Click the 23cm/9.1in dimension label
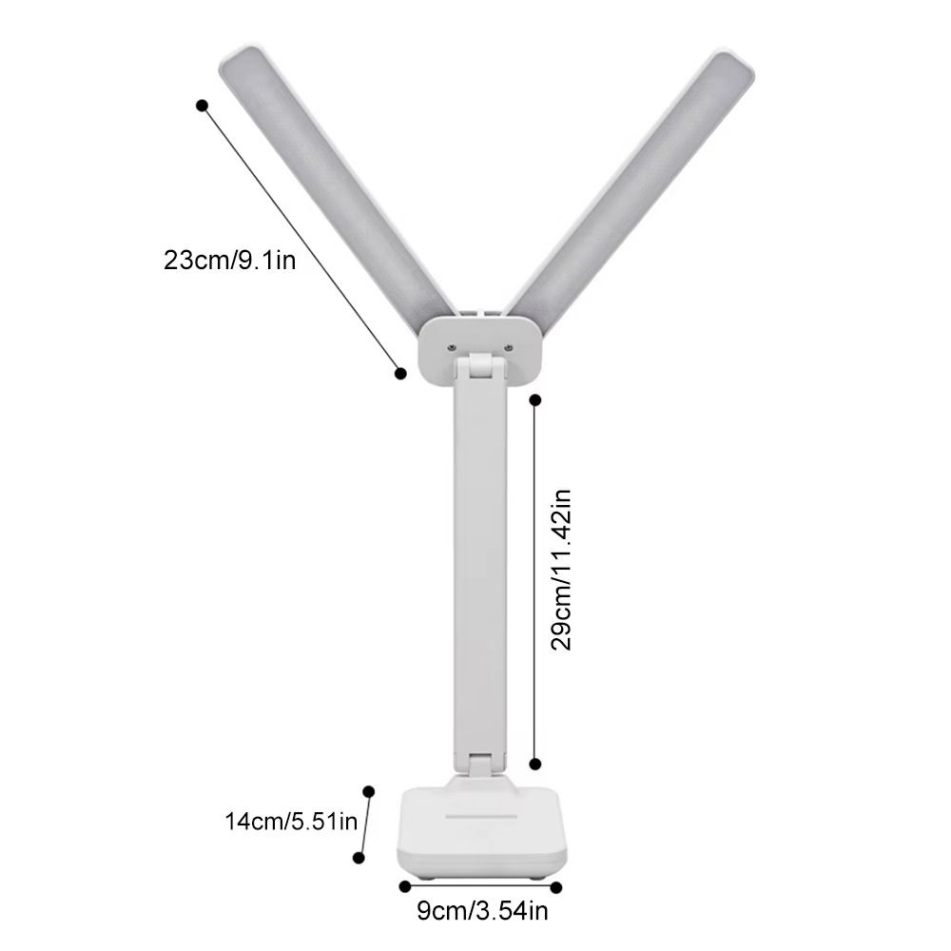229,260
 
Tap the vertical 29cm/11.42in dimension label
562,570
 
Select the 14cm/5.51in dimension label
290,821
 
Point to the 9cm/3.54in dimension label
482,913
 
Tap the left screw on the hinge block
450,348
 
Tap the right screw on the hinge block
511,348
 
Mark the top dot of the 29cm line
535,400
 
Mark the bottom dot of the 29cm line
535,763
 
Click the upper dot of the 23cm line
202,106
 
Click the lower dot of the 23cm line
400,374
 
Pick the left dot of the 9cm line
400,886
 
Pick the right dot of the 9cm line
556,886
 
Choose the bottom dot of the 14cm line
359,858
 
